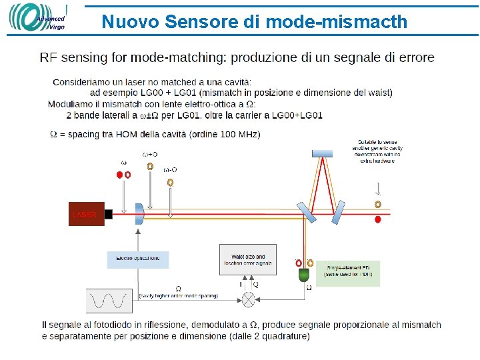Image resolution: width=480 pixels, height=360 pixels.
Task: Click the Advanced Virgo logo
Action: [37, 18]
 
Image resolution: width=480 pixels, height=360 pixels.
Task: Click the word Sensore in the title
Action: [201, 22]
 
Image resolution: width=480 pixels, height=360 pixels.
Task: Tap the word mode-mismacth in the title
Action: [336, 22]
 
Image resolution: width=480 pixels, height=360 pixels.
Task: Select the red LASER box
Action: [86, 214]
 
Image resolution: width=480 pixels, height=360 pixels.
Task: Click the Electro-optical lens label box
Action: [138, 258]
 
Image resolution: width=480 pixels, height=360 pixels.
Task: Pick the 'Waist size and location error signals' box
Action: [248, 259]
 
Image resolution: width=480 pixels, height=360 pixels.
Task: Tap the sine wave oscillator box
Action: [109, 301]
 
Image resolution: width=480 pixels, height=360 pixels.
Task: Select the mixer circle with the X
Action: [248, 299]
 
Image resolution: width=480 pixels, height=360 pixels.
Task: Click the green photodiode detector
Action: [305, 275]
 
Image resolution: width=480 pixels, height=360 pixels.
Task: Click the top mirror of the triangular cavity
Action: [322, 153]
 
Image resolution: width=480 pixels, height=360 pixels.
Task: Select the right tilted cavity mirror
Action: [338, 213]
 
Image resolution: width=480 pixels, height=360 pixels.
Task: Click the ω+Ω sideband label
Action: [150, 154]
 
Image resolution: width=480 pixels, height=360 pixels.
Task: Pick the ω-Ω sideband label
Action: [170, 169]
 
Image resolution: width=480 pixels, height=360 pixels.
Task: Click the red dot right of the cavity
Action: [378, 219]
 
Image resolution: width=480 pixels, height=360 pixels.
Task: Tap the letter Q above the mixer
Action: [256, 285]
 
